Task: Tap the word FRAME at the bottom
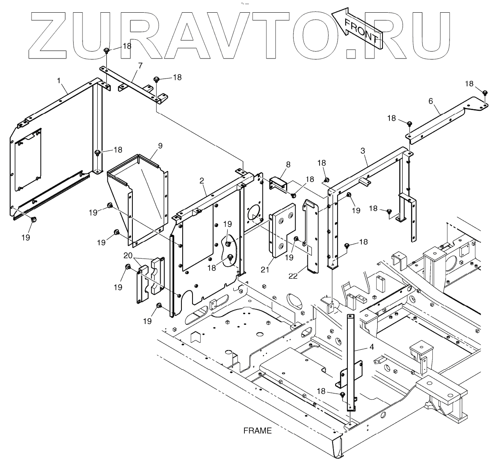257,431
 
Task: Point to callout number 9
160,145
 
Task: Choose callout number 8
288,164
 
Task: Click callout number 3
362,151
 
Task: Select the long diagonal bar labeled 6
441,123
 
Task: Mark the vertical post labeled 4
350,360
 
